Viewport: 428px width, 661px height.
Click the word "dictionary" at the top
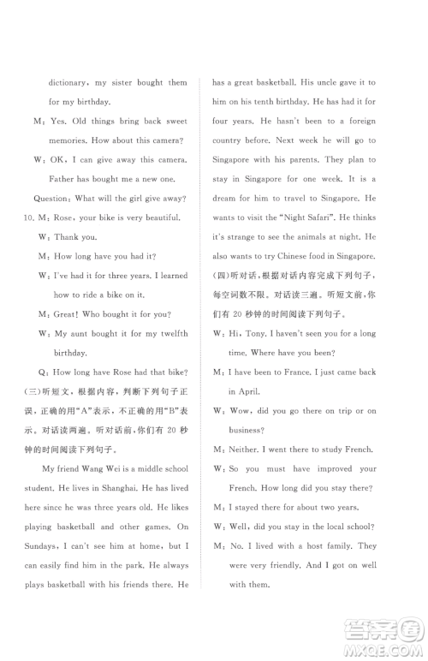(68, 83)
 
